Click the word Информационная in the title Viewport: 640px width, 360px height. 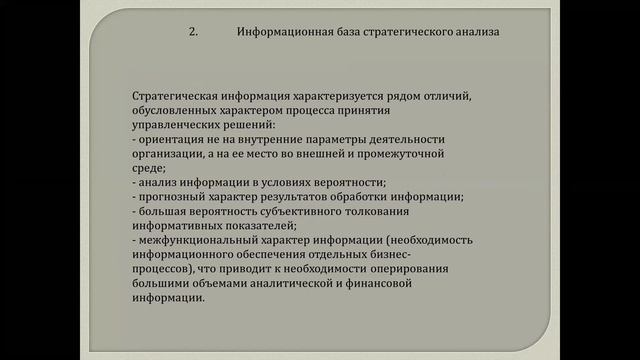point(284,32)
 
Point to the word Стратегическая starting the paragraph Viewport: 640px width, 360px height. point(175,95)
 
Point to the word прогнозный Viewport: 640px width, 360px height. point(171,197)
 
